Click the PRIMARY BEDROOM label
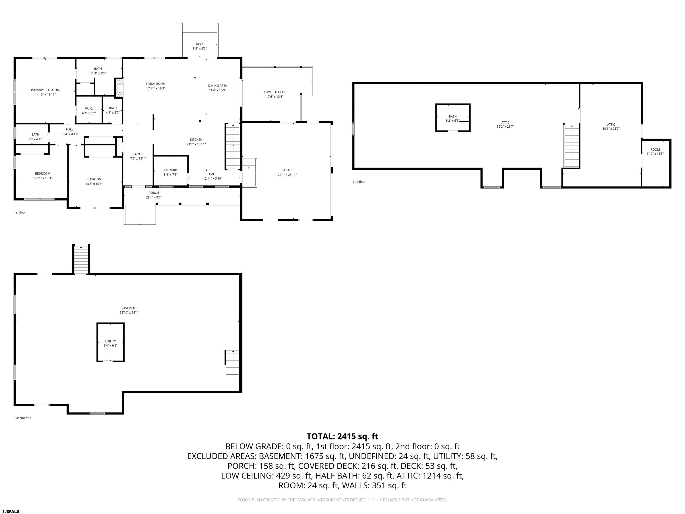coord(45,90)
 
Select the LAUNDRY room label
coord(171,170)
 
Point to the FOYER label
coord(138,154)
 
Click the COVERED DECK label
coord(275,92)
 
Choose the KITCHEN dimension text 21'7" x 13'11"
coord(196,144)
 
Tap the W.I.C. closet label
coord(89,109)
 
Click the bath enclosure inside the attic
coord(453,118)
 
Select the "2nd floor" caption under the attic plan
coord(359,182)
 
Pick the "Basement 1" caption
coord(23,418)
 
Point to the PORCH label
coord(154,193)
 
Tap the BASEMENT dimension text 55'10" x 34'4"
coord(129,313)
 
